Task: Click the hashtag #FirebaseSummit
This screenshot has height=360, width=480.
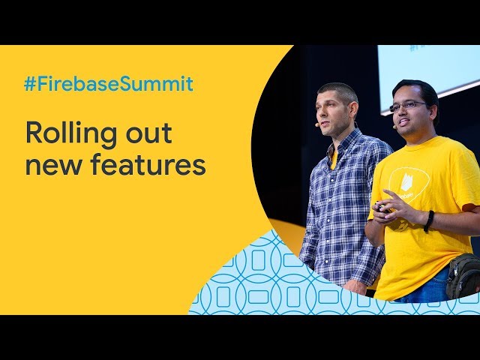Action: click(109, 83)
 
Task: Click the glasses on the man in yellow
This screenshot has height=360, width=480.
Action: click(408, 106)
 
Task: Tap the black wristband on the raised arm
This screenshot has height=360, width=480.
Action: click(428, 220)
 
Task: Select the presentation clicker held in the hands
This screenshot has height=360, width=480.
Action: click(382, 208)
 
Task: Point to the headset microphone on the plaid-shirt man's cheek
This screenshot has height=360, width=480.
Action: click(318, 124)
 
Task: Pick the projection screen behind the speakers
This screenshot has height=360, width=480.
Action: click(428, 76)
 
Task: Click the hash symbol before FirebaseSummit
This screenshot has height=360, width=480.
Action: click(31, 84)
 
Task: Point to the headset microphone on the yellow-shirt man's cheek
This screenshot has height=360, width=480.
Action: click(395, 126)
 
